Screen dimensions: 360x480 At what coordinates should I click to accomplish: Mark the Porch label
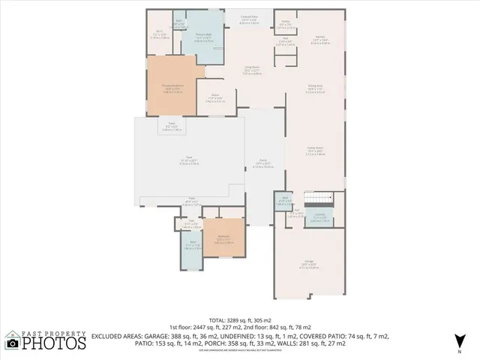(264, 162)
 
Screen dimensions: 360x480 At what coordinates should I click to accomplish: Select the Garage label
(309, 263)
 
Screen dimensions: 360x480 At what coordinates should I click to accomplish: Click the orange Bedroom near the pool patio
(223, 238)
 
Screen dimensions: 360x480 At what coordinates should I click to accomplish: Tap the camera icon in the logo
(12, 344)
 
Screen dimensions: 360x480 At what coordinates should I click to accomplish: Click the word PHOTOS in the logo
(53, 344)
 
